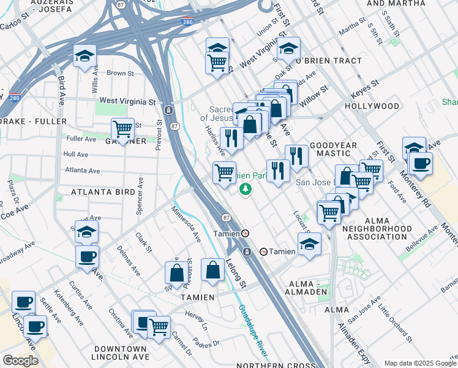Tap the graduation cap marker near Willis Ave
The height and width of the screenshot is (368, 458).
pos(85,56)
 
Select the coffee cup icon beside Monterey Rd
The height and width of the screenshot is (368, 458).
pos(421,163)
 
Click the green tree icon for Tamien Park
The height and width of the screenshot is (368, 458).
pos(246,188)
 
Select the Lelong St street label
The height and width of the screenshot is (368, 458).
pos(235,272)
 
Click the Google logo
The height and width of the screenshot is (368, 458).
pos(20,361)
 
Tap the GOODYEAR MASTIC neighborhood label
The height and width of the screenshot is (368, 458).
pos(333,150)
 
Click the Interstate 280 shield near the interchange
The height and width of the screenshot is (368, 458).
pos(187,22)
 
